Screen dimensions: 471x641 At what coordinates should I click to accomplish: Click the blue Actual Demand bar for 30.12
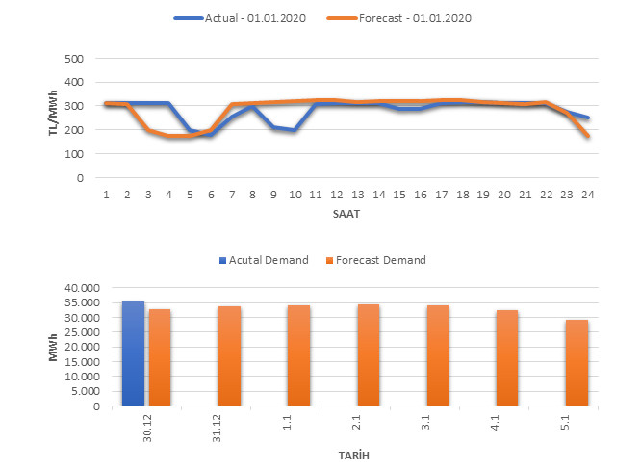(x=133, y=353)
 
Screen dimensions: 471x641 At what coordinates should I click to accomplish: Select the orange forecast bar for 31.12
(x=230, y=355)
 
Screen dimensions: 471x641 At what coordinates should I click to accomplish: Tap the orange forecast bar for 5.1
(x=577, y=362)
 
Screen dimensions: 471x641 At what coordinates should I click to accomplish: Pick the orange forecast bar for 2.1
(x=369, y=354)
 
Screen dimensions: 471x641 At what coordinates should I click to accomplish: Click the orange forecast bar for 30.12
(x=160, y=357)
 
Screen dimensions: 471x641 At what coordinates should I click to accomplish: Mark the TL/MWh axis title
(x=54, y=118)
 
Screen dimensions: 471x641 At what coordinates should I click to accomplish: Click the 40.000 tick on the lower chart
(x=77, y=288)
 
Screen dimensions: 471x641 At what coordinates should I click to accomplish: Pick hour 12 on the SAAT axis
(x=336, y=193)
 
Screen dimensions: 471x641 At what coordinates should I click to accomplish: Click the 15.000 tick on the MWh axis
(x=77, y=362)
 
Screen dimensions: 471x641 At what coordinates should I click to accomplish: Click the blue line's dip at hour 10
(x=295, y=130)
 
